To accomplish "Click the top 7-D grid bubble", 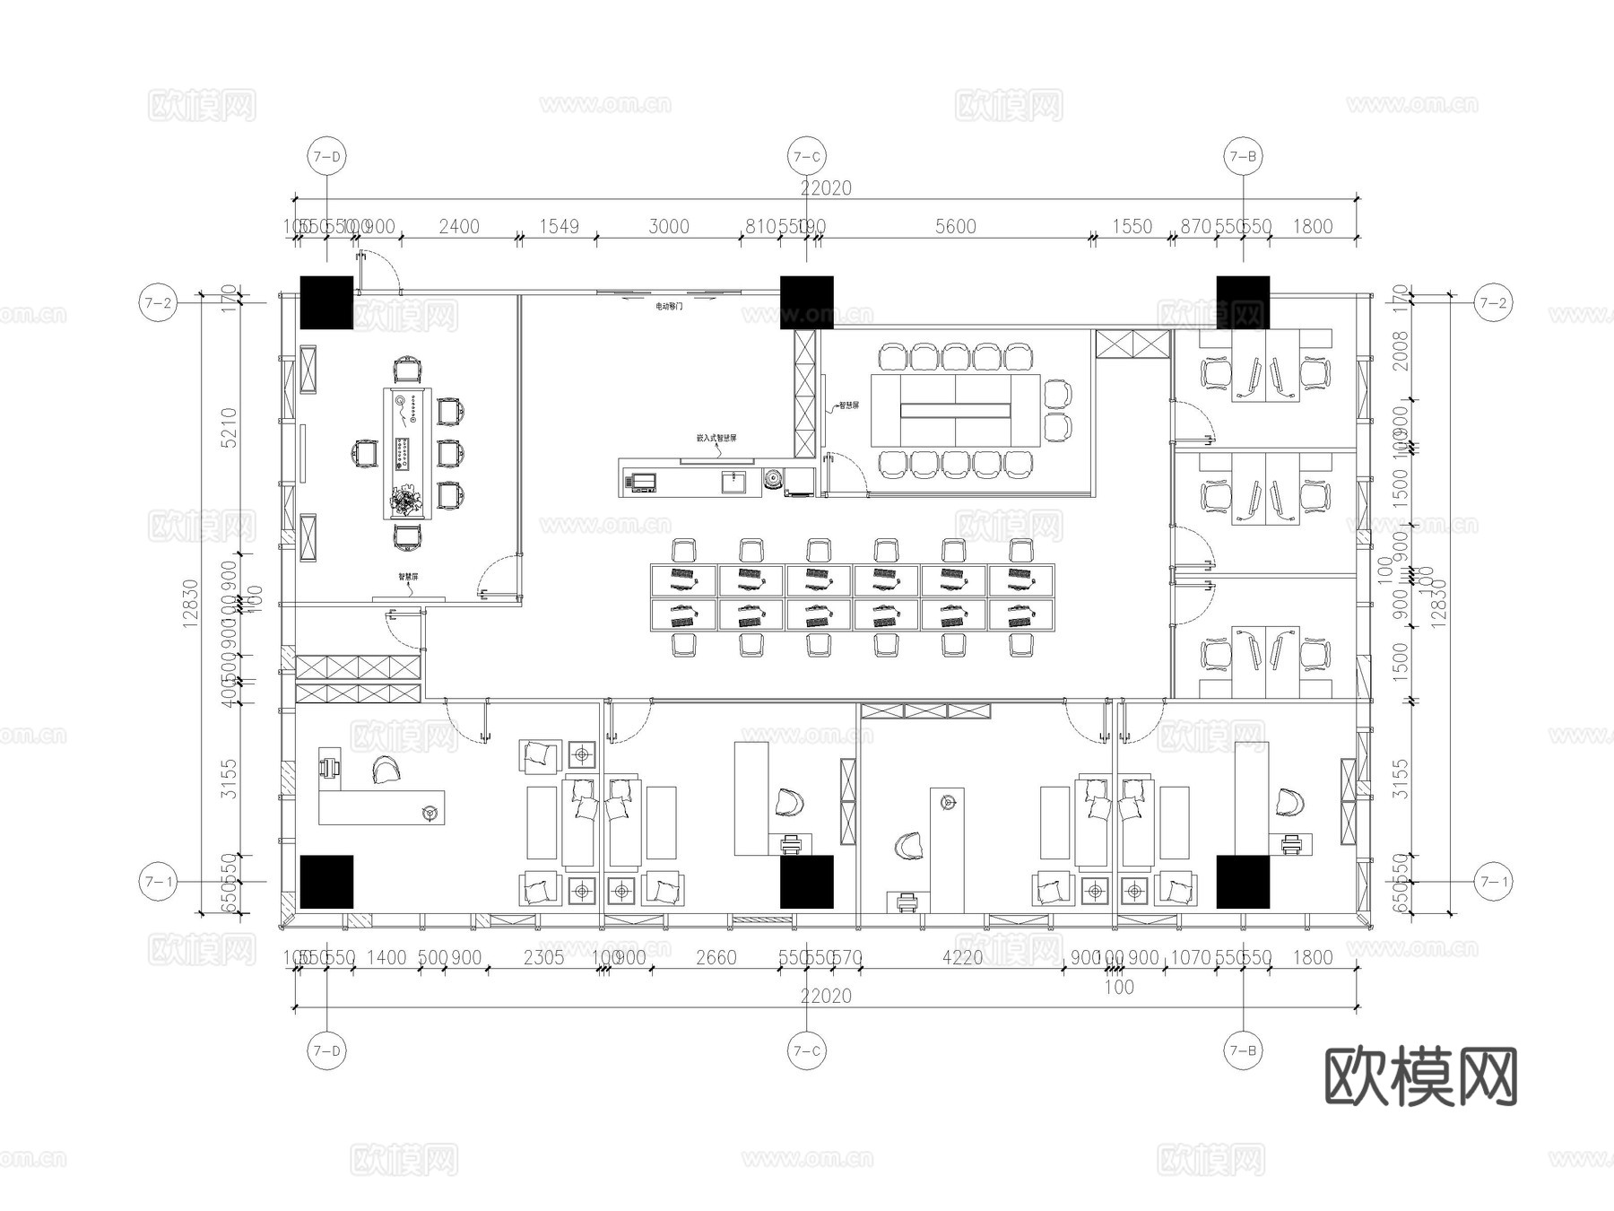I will point(326,156).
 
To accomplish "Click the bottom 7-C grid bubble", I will point(806,1050).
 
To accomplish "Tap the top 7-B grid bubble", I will point(1243,156).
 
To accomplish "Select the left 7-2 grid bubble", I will point(157,303).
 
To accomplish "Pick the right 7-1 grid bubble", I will point(1493,882).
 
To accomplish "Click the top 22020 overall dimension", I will point(826,188).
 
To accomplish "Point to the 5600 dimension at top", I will point(955,226).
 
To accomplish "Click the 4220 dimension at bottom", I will point(962,958).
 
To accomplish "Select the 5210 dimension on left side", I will point(230,427).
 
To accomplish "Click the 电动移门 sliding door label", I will point(669,307).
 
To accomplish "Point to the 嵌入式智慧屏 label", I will point(716,439).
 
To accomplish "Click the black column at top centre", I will point(806,302).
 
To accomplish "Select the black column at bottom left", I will point(326,882).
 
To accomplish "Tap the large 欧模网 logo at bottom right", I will point(1420,1076).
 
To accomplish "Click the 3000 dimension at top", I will point(669,226).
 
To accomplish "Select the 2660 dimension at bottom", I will point(716,958).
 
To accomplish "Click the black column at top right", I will point(1243,302).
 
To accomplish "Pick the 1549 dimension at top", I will point(559,226).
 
